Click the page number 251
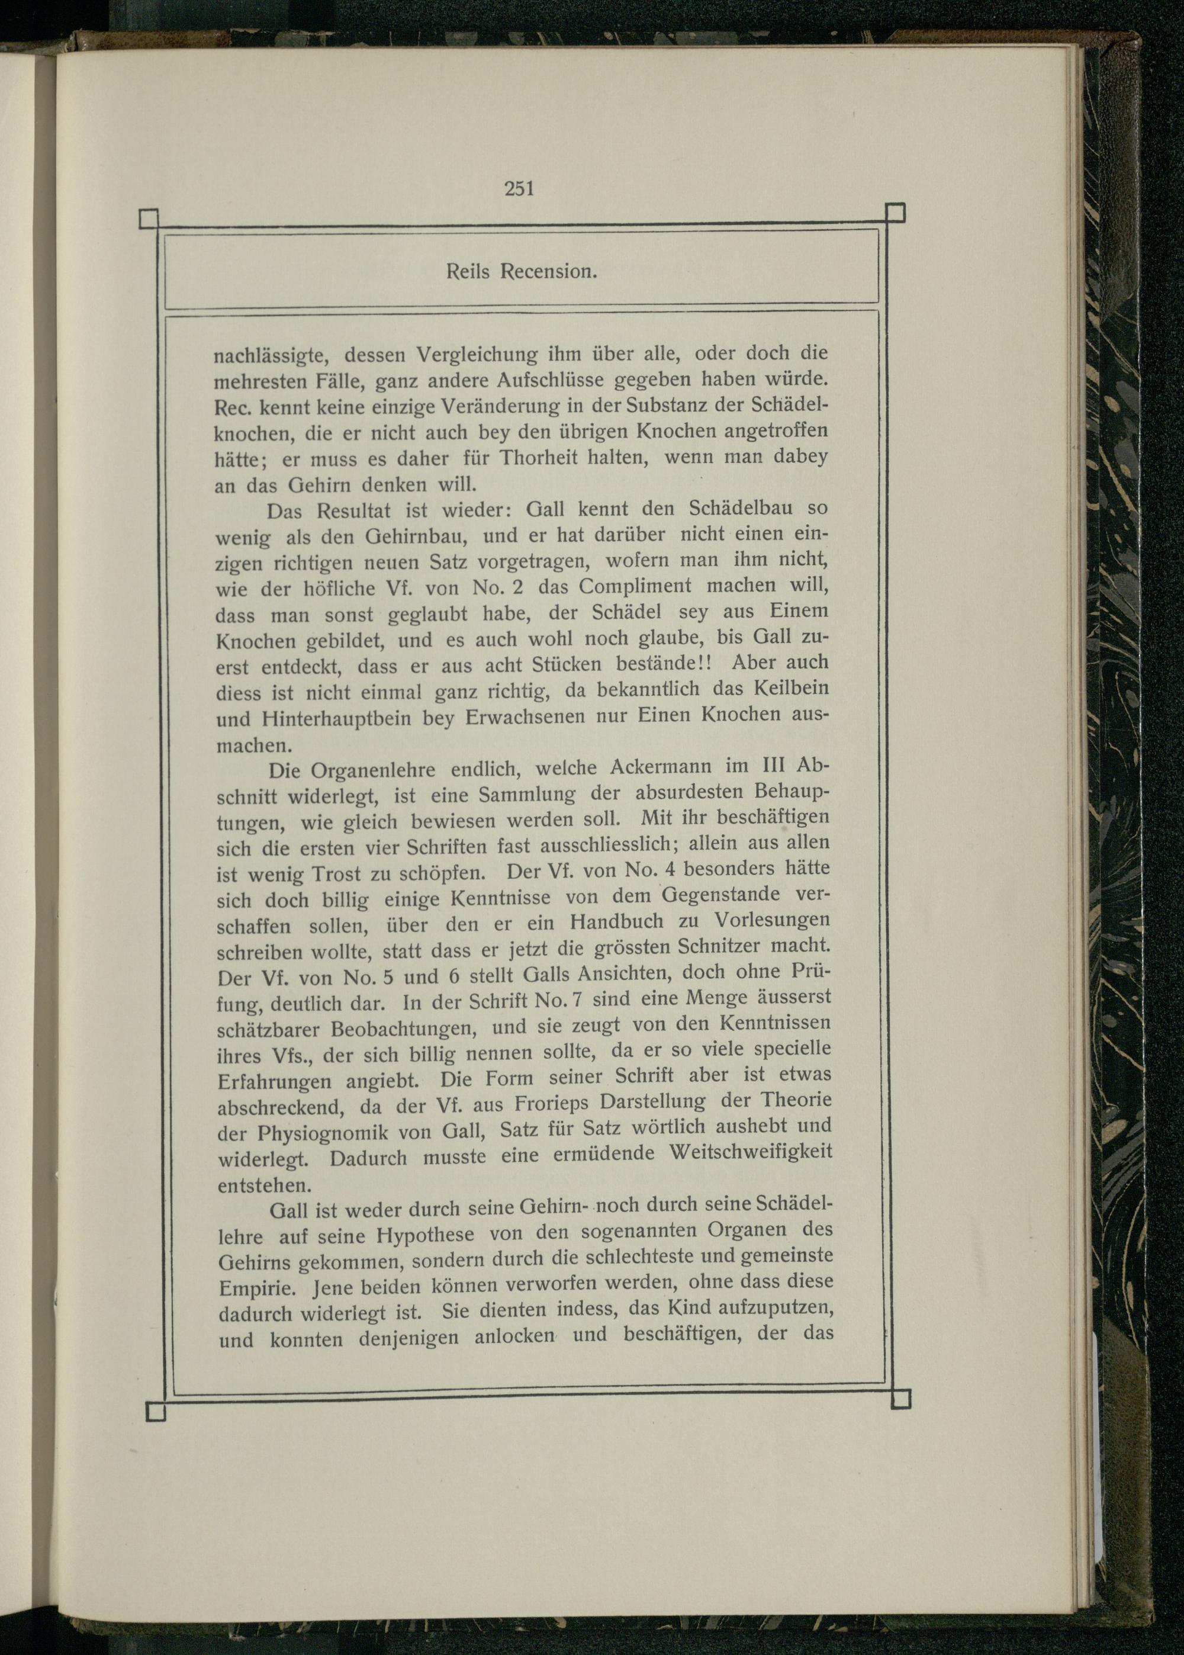[519, 189]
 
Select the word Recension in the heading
[549, 272]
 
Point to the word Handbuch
[617, 923]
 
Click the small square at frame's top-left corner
[149, 218]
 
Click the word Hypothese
[425, 1236]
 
